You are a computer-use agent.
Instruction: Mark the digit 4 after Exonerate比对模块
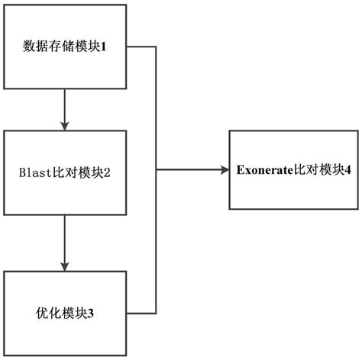pyautogui.click(x=327, y=169)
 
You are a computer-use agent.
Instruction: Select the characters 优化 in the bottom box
pyautogui.click(x=45, y=313)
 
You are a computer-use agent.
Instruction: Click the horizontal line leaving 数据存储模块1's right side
pyautogui.click(x=141, y=47)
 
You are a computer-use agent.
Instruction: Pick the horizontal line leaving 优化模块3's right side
pyautogui.click(x=141, y=313)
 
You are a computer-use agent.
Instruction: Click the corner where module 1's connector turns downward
pyautogui.click(x=157, y=47)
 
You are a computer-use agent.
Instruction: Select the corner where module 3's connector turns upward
pyautogui.click(x=157, y=313)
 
